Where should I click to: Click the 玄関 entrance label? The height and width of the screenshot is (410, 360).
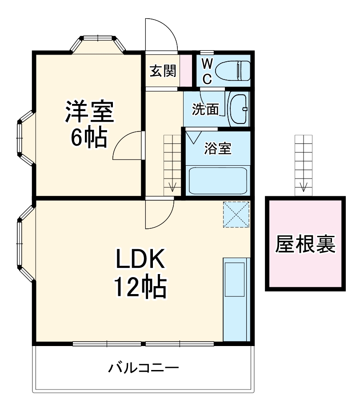162,71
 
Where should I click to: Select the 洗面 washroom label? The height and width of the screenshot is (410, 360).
205,109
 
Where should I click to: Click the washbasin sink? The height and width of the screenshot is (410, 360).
239,109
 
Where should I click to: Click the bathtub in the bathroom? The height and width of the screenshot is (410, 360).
217,180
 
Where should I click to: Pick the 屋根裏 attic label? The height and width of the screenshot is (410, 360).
305,243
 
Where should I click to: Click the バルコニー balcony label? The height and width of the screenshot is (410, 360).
144,368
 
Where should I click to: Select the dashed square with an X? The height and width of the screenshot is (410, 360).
236,214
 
